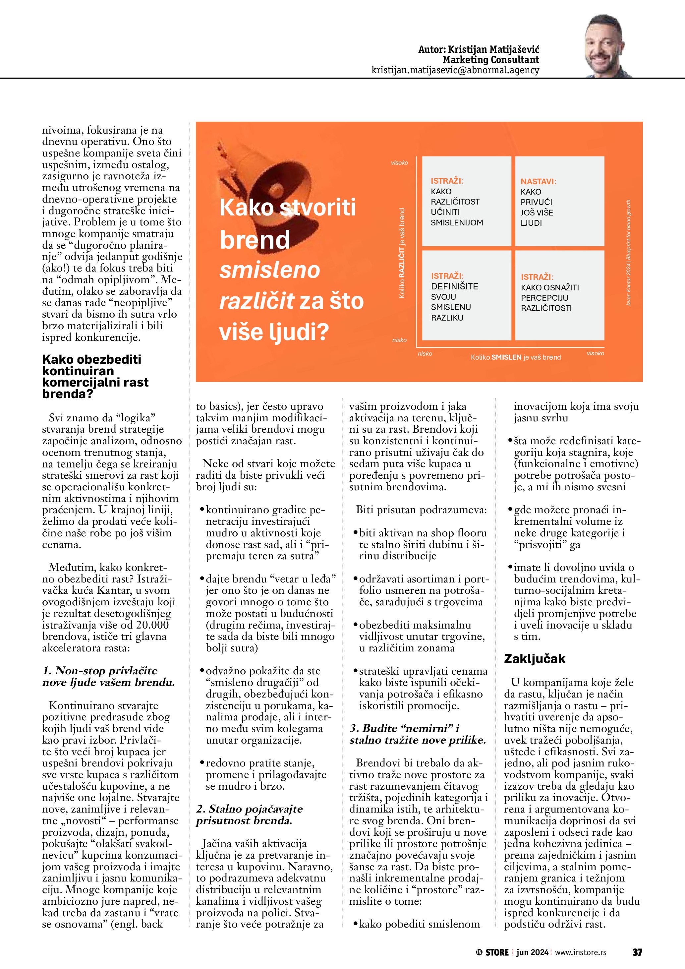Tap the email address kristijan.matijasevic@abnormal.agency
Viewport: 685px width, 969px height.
click(455, 70)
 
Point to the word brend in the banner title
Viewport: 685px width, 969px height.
click(255, 240)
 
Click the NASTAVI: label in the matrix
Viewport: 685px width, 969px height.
click(538, 181)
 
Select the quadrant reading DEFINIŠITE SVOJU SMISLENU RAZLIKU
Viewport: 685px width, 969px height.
click(467, 295)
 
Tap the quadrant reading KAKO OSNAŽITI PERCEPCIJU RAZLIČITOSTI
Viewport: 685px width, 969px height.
click(559, 295)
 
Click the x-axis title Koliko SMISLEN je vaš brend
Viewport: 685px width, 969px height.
click(515, 357)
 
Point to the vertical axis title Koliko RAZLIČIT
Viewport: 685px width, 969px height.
click(402, 253)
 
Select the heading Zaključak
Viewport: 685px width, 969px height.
click(535, 659)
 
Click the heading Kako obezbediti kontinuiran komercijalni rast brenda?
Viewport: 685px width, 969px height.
click(95, 377)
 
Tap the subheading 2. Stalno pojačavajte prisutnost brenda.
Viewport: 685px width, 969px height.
click(249, 815)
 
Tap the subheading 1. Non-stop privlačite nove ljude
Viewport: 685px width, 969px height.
click(108, 677)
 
